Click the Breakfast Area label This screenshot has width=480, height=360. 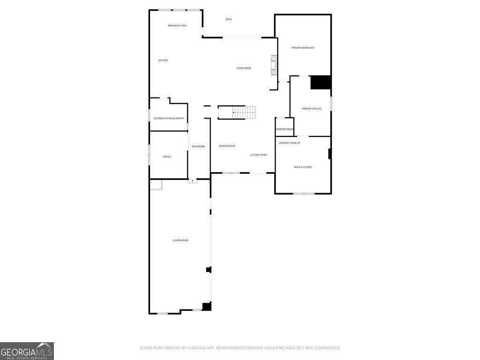(x=177, y=25)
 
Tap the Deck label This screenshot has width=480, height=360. (x=228, y=19)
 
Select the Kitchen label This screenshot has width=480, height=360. (x=163, y=60)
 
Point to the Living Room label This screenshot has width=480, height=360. (x=243, y=68)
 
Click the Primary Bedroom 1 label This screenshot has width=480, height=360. (x=303, y=48)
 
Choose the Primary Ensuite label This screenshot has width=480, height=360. (x=311, y=108)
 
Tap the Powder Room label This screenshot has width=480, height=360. (x=285, y=129)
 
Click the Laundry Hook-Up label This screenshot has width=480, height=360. (x=289, y=142)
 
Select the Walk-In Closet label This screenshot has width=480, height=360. (x=303, y=167)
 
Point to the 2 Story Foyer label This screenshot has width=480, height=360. (x=258, y=154)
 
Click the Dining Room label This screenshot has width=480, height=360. (x=227, y=146)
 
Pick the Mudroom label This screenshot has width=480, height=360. (x=198, y=146)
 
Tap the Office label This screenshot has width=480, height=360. (x=167, y=157)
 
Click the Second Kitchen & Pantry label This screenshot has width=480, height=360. (x=169, y=118)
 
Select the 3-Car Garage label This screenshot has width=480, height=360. (x=180, y=240)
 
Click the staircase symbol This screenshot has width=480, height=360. (x=244, y=112)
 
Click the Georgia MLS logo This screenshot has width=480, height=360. (x=27, y=351)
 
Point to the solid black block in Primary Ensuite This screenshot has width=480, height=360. (x=321, y=82)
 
